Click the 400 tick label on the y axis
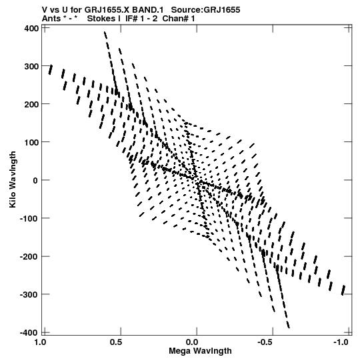31,28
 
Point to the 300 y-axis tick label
31,67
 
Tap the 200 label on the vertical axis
31,105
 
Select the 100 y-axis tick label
31,143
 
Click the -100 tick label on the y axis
29,219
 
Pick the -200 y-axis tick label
29,257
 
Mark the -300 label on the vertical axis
29,295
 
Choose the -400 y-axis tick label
29,333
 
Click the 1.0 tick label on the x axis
40,342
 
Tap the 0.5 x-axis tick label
116,342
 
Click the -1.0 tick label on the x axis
341,342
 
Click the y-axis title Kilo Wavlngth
13,179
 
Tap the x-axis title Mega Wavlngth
200,351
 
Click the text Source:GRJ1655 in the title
205,10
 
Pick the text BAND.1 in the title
148,10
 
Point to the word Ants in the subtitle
51,19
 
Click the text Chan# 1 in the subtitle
179,19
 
